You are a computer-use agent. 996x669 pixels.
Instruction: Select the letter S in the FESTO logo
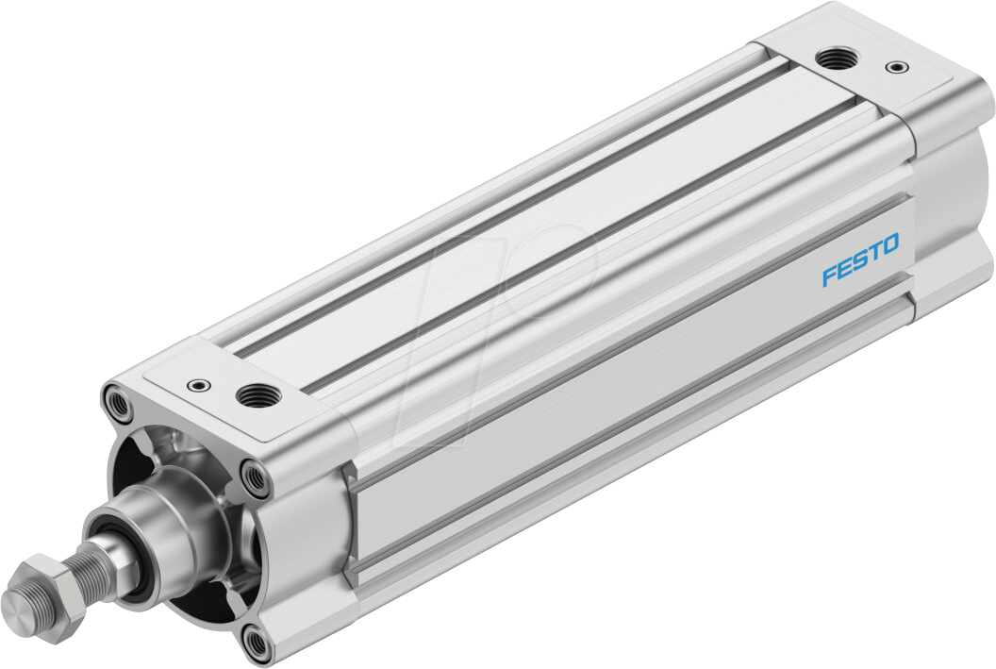tap(860, 260)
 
